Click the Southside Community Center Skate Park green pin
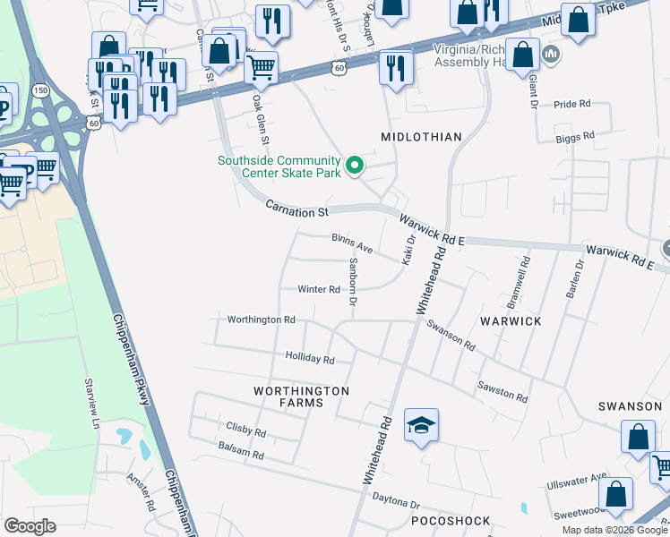pos(355,166)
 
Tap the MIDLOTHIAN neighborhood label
pos(421,137)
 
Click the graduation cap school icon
pos(421,425)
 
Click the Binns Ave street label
pos(352,243)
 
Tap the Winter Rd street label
pos(319,290)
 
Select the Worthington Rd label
pos(261,320)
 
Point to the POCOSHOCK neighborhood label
pos(451,521)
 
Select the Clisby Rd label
pos(246,432)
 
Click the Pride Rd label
pos(572,105)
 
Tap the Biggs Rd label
pos(575,137)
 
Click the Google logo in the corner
pos(30,526)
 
